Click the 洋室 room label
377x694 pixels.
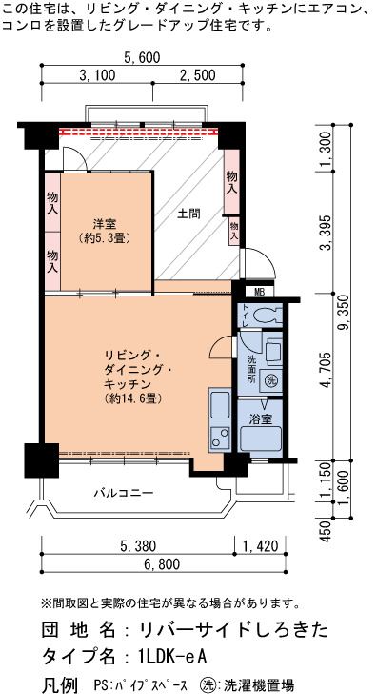[x=105, y=223]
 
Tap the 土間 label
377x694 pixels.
[x=189, y=214]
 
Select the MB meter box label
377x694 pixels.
[x=259, y=292]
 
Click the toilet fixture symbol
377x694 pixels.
[x=267, y=316]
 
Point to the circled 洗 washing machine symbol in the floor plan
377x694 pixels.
[x=270, y=379]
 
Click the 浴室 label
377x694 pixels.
[x=260, y=418]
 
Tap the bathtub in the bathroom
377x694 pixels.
[x=260, y=439]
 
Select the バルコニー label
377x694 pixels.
[x=124, y=493]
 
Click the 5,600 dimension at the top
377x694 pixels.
[x=142, y=57]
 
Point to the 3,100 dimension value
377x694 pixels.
[x=97, y=74]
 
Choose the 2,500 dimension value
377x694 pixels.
[x=198, y=74]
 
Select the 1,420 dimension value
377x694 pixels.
[x=260, y=546]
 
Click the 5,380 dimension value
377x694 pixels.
[x=138, y=546]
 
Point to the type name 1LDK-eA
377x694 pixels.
[x=173, y=655]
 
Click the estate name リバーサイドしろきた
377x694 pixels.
[x=234, y=629]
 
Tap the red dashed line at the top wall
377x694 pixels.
[x=139, y=132]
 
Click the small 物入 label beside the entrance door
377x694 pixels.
[x=234, y=231]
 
